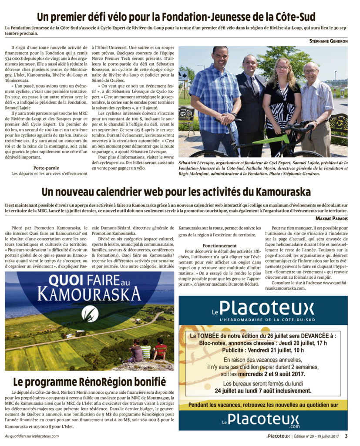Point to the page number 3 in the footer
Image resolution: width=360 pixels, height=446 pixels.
(346, 436)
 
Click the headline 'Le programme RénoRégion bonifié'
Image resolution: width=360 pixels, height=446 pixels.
(89, 382)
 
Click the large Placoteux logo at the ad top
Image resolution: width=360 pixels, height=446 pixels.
(266, 308)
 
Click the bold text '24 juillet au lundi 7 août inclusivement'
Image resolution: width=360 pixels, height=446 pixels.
(263, 391)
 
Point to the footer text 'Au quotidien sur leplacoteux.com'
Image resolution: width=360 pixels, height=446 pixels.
(32, 436)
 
